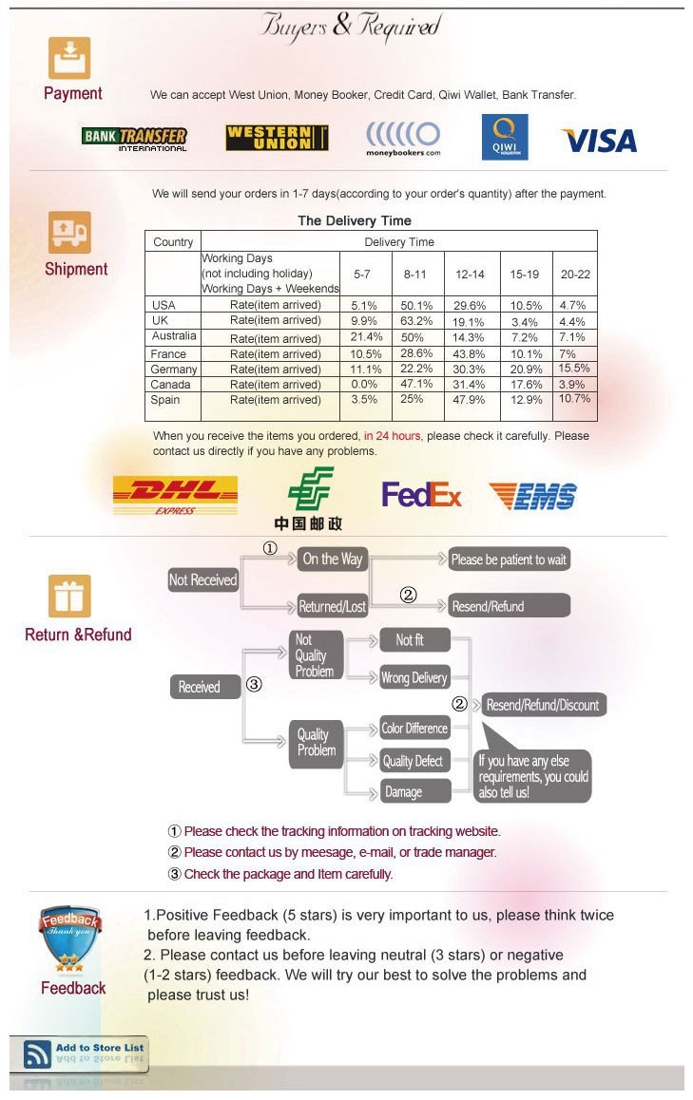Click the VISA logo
pos(599,141)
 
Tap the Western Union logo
pos(277,138)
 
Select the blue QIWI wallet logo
pos(504,138)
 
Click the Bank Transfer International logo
pos(134,139)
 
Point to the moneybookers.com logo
pos(403,138)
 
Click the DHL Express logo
pos(176,495)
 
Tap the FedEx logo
pos(421,495)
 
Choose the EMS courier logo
pos(533,496)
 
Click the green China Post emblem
pos(310,488)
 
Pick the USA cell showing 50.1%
pos(416,306)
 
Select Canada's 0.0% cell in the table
pos(364,385)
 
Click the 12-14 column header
pos(470,275)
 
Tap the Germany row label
pos(173,369)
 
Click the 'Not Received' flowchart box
pos(202,580)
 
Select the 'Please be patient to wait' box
pos(509,559)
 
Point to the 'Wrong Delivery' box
pos(414,677)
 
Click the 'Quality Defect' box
pos(413,761)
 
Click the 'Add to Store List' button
pos(79,1053)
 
